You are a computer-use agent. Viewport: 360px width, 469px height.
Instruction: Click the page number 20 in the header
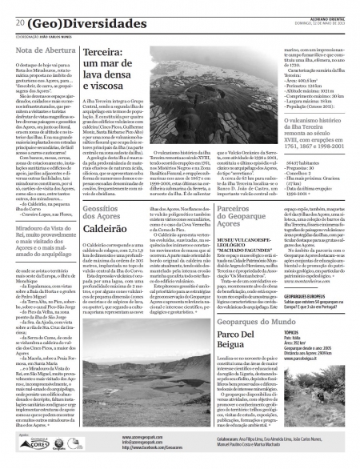click(19, 22)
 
